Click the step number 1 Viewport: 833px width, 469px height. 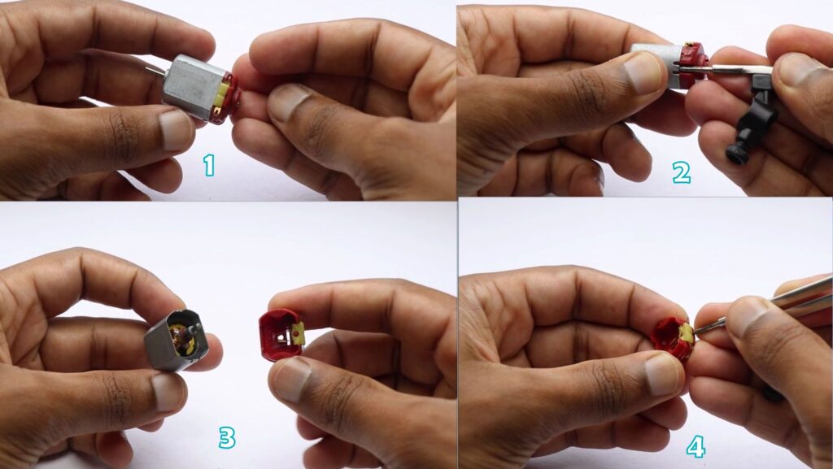[x=209, y=165]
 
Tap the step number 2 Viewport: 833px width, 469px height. [x=681, y=172]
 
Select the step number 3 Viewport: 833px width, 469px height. [x=227, y=437]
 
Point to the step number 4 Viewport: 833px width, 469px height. [x=696, y=447]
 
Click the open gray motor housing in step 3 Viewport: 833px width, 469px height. [x=177, y=340]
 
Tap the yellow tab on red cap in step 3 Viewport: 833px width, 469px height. [x=298, y=333]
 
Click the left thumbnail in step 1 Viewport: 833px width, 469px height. [x=177, y=129]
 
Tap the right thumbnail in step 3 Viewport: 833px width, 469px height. [x=291, y=378]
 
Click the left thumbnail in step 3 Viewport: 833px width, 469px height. [x=168, y=392]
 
